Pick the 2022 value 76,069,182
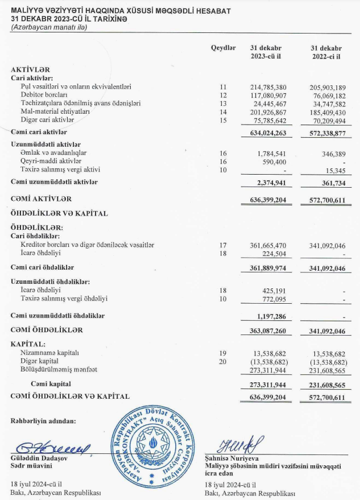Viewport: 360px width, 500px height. (x=327, y=95)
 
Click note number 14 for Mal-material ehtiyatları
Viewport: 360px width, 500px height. (x=223, y=112)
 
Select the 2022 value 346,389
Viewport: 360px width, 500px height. (x=334, y=154)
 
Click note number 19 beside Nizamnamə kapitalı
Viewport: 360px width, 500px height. (x=223, y=353)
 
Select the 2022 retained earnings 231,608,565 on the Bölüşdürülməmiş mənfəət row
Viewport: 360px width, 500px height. (x=327, y=370)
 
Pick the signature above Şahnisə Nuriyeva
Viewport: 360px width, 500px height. (x=234, y=443)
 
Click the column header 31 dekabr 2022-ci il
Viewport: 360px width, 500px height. (x=327, y=52)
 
